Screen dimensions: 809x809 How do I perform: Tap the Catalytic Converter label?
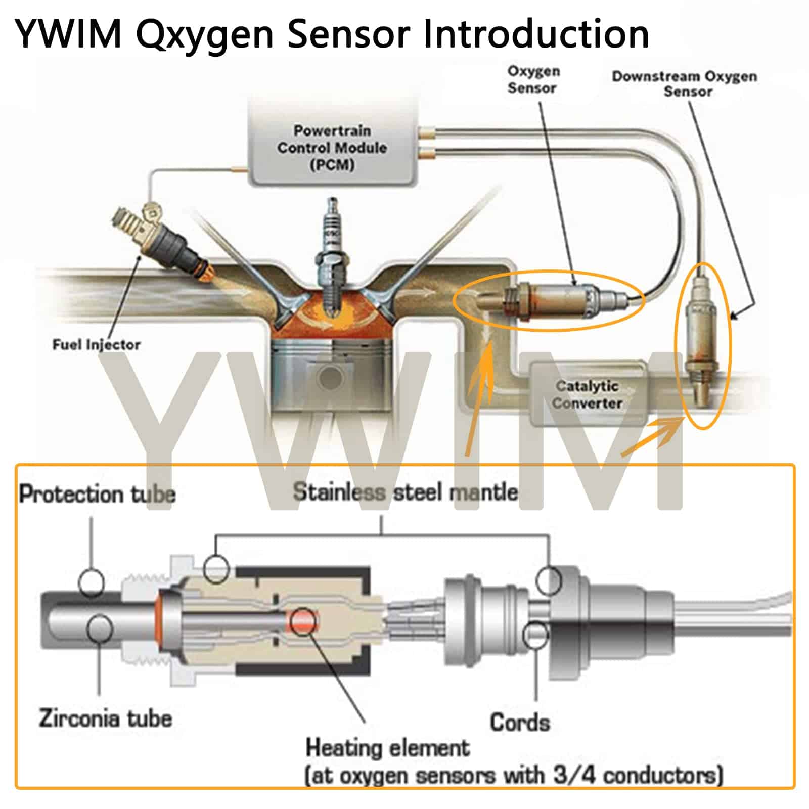click(587, 395)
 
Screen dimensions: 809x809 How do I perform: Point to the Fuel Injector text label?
click(96, 345)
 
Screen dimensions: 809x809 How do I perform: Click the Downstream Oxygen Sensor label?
click(685, 84)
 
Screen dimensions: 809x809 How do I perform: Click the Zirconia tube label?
click(105, 718)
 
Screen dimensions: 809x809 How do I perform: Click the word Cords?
click(520, 722)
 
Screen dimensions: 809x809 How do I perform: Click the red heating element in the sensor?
click(302, 621)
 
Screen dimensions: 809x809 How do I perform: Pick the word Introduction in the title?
click(536, 34)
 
